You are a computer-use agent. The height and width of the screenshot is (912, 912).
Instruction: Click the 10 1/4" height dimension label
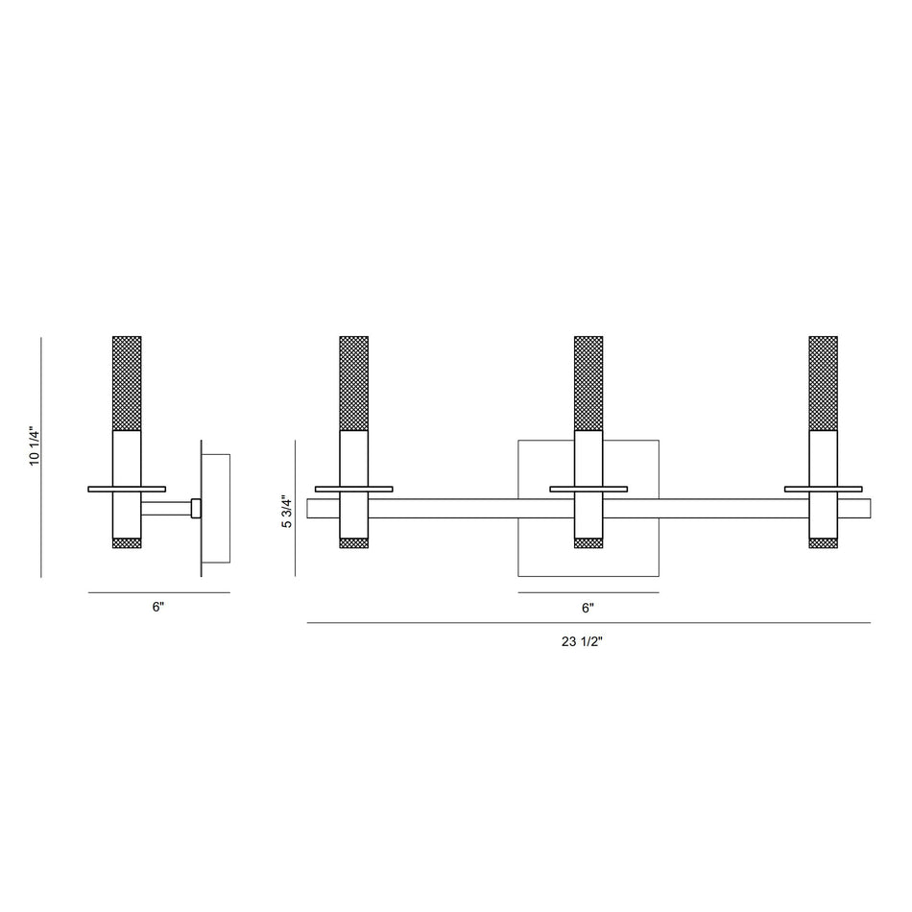(x=35, y=447)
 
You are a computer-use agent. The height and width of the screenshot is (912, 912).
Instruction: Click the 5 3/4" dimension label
(x=287, y=512)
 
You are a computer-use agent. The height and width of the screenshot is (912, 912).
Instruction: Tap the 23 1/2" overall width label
(x=582, y=641)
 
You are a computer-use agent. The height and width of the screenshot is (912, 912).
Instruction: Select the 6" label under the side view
(x=158, y=607)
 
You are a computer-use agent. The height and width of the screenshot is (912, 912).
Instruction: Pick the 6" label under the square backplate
(x=588, y=608)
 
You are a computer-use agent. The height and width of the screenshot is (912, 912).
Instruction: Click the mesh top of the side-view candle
(x=127, y=383)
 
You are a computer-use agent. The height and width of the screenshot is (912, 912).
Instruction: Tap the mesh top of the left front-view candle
(x=353, y=383)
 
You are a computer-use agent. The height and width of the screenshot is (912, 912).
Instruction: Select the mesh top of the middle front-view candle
(x=588, y=383)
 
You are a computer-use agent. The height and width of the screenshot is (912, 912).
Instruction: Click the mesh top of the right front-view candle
(x=823, y=383)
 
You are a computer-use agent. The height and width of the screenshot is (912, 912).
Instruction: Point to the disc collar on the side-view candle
(x=127, y=490)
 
